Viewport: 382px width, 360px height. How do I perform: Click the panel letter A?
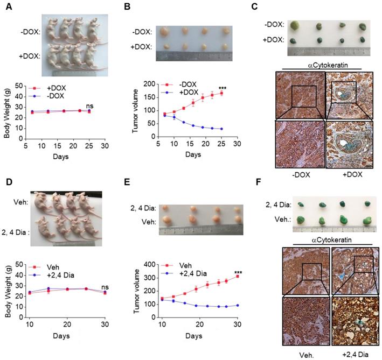pos(5,5)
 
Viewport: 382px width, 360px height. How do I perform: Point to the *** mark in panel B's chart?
pos(222,87)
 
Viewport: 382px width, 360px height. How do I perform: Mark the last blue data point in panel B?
pos(221,129)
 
